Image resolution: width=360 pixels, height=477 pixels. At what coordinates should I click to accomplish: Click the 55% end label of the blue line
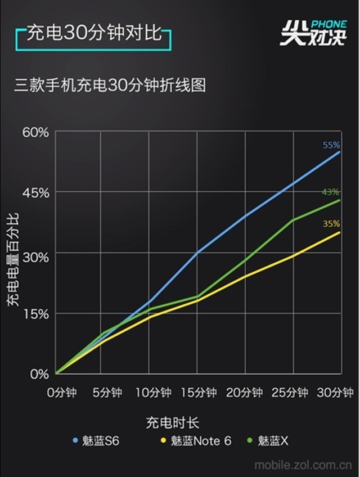[x=331, y=145]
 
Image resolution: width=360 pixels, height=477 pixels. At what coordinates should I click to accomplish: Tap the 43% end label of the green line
[x=331, y=192]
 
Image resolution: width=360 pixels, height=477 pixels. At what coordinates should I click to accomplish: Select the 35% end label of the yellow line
[x=331, y=224]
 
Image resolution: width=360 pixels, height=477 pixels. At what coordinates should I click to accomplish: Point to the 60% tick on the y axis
[x=36, y=132]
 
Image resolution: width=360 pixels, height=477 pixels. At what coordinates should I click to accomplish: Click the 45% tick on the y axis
[x=36, y=192]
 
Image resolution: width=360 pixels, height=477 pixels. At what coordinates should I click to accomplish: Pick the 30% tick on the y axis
[x=36, y=253]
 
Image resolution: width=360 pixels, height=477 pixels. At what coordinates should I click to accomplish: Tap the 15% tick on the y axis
[x=36, y=313]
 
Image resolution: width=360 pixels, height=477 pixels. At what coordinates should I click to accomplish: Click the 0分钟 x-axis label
[x=61, y=393]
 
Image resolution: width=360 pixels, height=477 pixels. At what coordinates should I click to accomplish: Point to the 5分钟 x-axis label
[x=106, y=393]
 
